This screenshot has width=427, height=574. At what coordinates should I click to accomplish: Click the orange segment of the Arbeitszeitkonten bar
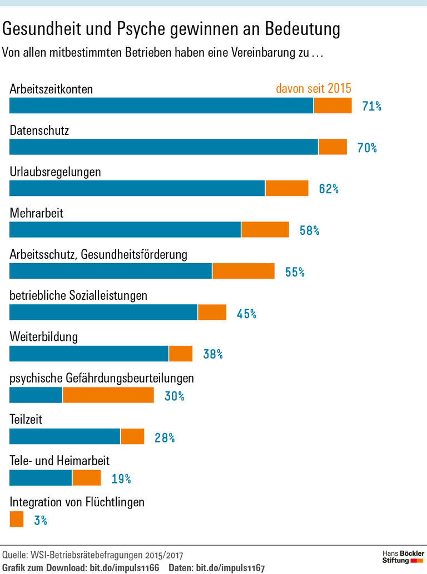point(332,105)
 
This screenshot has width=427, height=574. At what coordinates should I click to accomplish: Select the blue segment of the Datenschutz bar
point(163,147)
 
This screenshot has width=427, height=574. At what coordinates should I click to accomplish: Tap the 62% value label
point(329,189)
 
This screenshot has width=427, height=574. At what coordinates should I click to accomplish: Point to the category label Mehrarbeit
point(37,213)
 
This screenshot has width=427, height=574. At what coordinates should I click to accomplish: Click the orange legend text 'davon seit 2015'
point(314,88)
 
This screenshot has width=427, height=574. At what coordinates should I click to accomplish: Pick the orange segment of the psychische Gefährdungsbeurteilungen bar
point(108,395)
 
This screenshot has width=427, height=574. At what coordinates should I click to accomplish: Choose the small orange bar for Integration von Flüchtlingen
point(17,519)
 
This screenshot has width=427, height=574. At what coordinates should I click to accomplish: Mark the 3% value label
point(41,520)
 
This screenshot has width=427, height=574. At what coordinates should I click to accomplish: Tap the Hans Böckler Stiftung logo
point(403,557)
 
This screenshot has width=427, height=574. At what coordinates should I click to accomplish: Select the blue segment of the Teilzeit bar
point(64,436)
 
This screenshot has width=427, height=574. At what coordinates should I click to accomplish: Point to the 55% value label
point(295,272)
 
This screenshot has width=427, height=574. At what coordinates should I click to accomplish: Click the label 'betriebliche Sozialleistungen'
point(78,295)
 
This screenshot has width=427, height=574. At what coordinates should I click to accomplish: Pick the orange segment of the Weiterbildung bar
point(180,354)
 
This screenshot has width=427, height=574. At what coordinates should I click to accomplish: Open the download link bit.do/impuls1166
point(125,568)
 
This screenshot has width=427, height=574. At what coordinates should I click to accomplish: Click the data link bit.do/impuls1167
point(230,568)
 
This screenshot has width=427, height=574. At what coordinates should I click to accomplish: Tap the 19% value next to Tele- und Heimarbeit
point(121,479)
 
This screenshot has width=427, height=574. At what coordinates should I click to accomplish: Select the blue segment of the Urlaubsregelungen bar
point(137,188)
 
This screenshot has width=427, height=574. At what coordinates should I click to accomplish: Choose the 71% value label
point(371,106)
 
